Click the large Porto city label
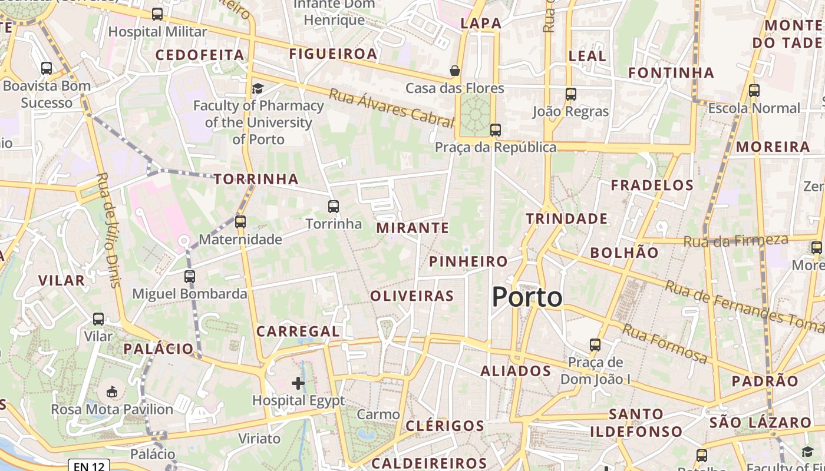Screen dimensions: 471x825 tap(527, 297)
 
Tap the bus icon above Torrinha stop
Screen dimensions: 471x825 tap(334, 207)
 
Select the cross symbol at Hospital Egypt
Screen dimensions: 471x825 tap(298, 384)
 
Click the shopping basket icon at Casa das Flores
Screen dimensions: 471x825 tap(455, 71)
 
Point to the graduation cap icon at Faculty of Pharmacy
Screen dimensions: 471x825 tap(258, 89)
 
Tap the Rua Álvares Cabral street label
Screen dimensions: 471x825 tap(391, 108)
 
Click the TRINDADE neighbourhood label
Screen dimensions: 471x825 tap(567, 219)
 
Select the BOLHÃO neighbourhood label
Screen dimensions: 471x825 tap(624, 253)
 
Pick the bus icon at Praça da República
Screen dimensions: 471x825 tap(496, 130)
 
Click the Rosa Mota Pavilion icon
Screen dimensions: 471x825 tap(111, 392)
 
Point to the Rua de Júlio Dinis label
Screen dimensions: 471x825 tap(107, 230)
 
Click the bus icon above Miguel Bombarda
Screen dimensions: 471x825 tap(189, 276)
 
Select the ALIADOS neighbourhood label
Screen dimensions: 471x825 tap(516, 371)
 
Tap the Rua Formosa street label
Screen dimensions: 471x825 tap(665, 343)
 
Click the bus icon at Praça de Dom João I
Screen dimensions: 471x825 tap(595, 344)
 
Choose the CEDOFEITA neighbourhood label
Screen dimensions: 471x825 tap(200, 55)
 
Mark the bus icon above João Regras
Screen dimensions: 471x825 tap(570, 94)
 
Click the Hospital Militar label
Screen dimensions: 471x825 tap(158, 32)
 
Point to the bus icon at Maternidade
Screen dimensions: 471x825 tap(240, 222)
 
